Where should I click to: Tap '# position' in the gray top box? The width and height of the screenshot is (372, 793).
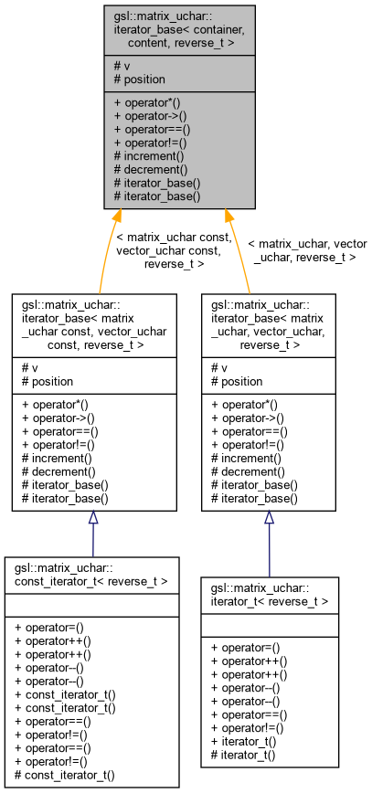[139, 79]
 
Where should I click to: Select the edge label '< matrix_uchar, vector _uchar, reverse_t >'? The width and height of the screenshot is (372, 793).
[306, 250]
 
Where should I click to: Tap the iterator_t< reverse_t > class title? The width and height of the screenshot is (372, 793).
[269, 595]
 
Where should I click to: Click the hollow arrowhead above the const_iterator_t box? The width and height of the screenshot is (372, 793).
[93, 519]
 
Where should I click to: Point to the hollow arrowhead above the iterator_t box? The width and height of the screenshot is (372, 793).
[269, 518]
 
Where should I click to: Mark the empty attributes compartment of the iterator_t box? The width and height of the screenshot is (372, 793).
[269, 623]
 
